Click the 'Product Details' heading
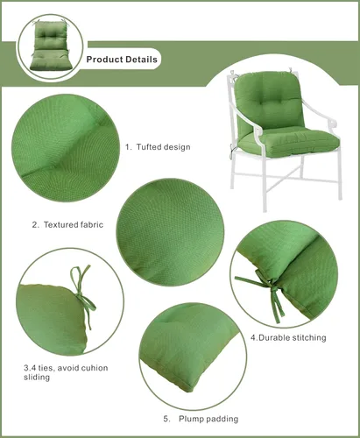pyautogui.click(x=122, y=60)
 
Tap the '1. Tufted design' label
pyautogui.click(x=158, y=146)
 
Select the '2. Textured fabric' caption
pyautogui.click(x=67, y=224)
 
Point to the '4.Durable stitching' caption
pyautogui.click(x=288, y=337)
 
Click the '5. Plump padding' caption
pyautogui.click(x=201, y=419)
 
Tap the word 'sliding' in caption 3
pyautogui.click(x=37, y=377)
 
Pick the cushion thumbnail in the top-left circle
pyautogui.click(x=51, y=46)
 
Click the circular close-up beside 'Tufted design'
pyautogui.click(x=66, y=148)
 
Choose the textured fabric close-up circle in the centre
pyautogui.click(x=170, y=232)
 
